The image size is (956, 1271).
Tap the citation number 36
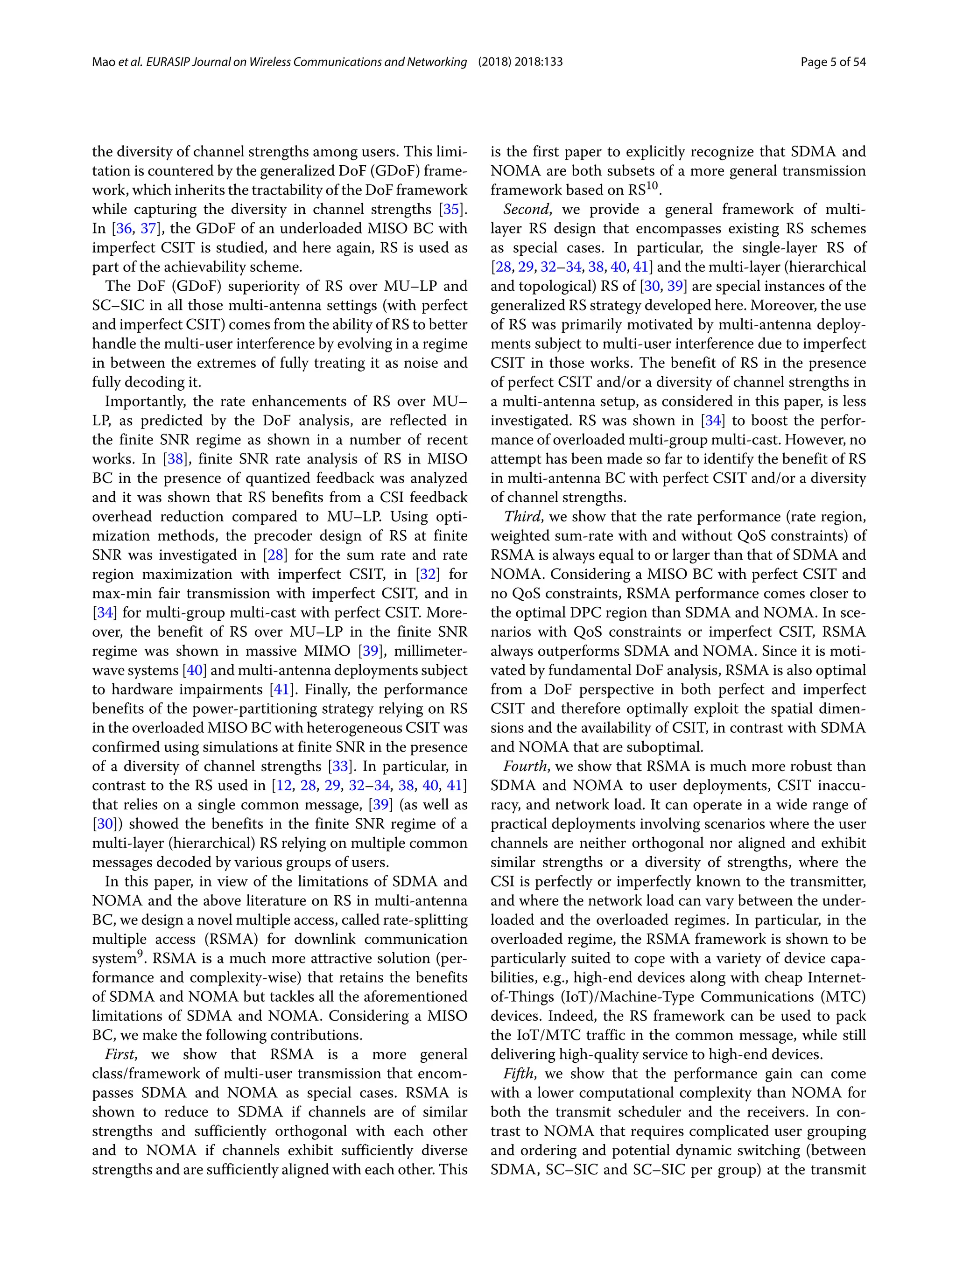click(x=124, y=229)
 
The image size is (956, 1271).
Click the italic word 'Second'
click(x=527, y=210)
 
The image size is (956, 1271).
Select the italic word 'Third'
click(x=522, y=517)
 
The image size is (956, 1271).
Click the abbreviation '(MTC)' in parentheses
click(x=843, y=997)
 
